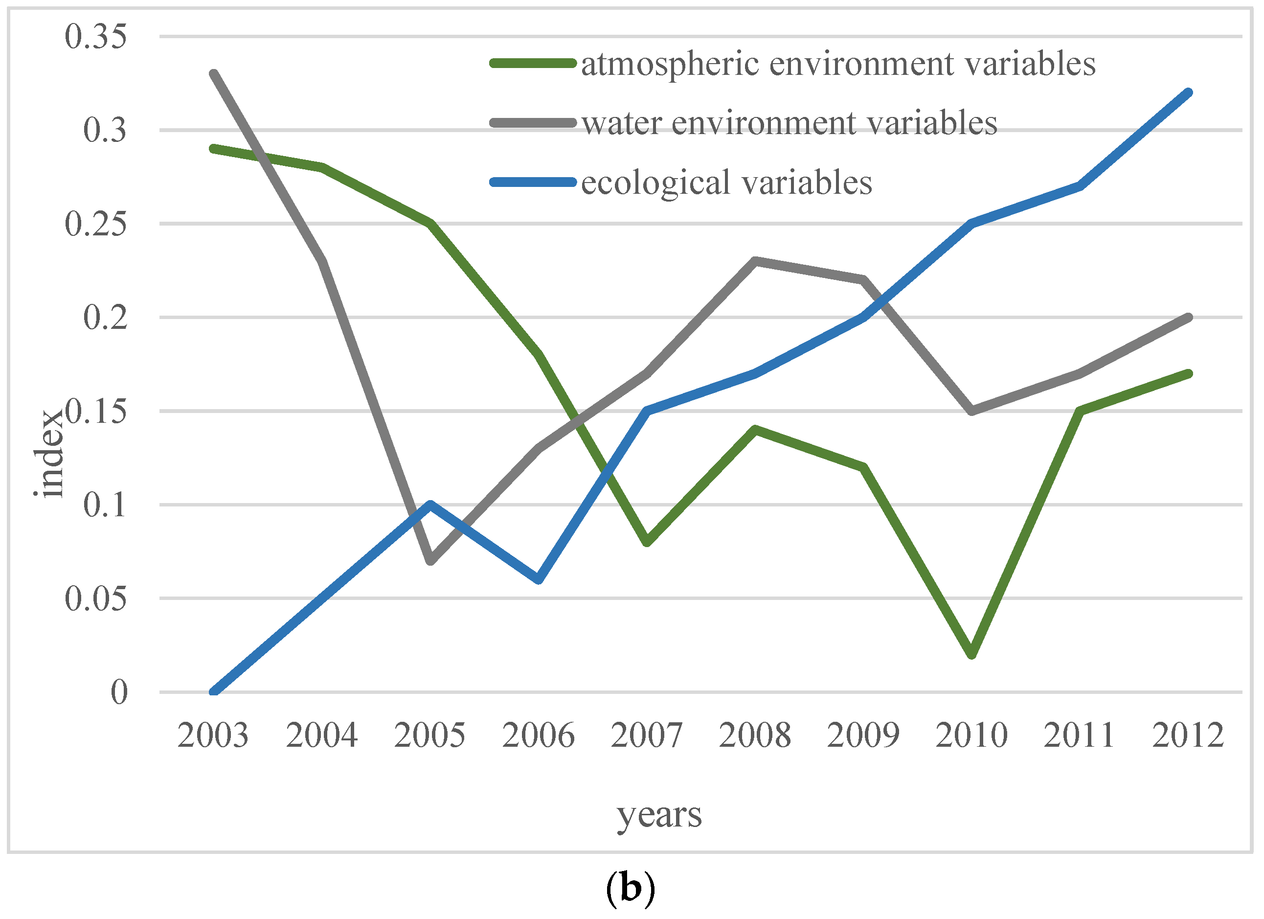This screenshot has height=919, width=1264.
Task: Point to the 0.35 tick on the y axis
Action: point(95,37)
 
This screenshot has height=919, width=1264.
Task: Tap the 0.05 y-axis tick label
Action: point(95,599)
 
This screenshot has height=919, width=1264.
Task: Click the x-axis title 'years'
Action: point(659,815)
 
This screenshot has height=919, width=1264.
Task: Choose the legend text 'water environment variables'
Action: point(789,123)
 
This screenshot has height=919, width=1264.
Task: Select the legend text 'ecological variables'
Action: point(727,183)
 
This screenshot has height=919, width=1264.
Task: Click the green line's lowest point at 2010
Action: point(972,654)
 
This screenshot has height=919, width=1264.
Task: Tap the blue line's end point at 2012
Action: point(1188,93)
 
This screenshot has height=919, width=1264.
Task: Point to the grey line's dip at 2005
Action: point(430,561)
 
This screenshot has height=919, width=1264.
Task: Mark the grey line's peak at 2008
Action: point(755,261)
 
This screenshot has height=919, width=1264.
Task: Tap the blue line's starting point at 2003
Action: point(213,691)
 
